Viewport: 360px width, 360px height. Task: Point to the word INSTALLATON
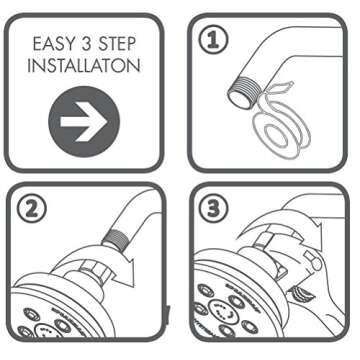tap(89, 69)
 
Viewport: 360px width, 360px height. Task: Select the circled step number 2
tap(30, 210)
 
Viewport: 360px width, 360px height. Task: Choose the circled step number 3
tap(211, 210)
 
